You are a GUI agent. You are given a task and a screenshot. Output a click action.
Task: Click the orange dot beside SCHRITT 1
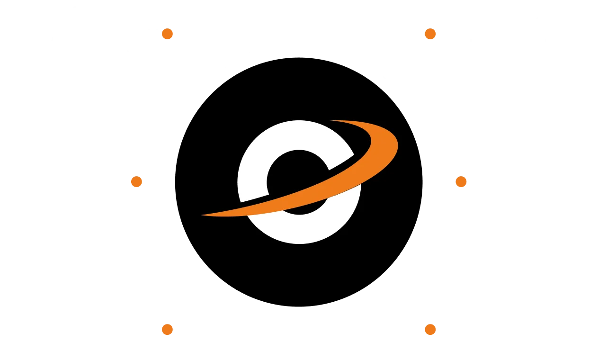(168, 34)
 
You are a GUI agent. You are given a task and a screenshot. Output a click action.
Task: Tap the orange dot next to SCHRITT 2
(136, 181)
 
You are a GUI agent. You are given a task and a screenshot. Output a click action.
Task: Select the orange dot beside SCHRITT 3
(168, 329)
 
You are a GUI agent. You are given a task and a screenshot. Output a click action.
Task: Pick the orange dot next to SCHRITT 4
(430, 34)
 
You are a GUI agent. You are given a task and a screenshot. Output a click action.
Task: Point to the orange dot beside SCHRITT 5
(460, 181)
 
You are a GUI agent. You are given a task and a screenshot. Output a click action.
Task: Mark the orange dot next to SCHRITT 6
(430, 329)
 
